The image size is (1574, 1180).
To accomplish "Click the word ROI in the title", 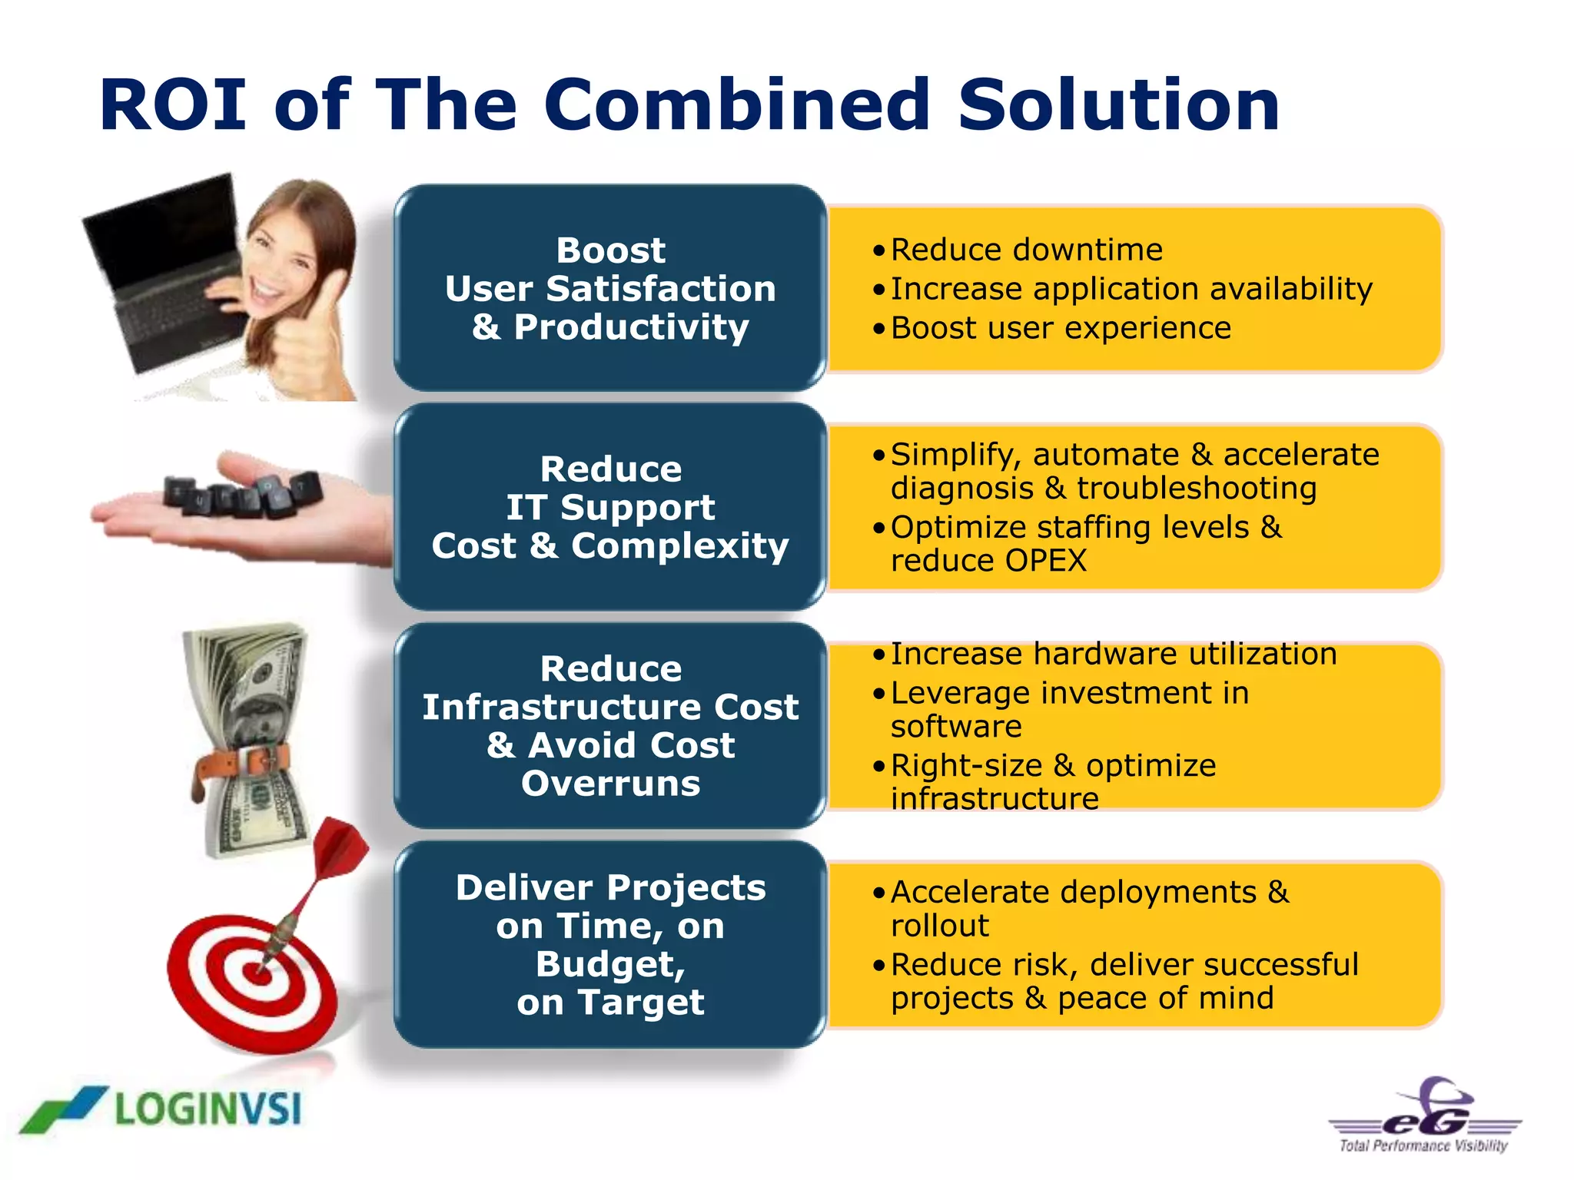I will click(173, 105).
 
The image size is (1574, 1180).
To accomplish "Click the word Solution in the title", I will click(1118, 105).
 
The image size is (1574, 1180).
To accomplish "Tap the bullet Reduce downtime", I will click(1026, 250).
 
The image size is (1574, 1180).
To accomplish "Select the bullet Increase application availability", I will click(1131, 289).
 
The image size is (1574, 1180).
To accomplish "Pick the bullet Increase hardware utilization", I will click(1113, 654).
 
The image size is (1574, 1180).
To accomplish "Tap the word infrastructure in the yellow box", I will click(995, 799).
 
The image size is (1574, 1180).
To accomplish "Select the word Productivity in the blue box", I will click(631, 327).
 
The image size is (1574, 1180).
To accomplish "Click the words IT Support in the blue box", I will click(610, 508).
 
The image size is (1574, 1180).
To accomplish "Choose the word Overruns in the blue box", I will click(610, 784).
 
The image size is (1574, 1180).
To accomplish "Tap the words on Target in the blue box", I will click(610, 1003).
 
